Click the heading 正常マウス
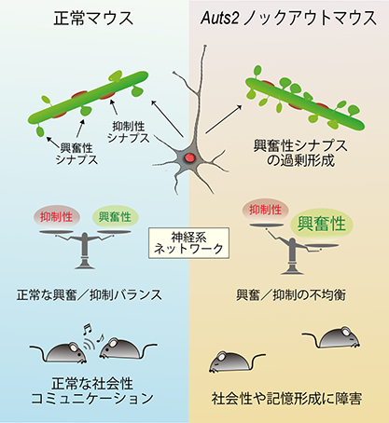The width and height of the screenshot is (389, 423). (93, 19)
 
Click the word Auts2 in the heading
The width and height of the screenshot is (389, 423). (220, 18)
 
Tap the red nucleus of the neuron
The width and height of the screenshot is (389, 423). (189, 158)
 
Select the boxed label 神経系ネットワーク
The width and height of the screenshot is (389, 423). (189, 243)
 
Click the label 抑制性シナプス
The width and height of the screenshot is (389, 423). (128, 132)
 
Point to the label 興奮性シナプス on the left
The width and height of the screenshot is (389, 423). (76, 154)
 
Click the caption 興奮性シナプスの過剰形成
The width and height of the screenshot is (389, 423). (300, 153)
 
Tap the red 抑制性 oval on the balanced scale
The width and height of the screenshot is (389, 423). (56, 217)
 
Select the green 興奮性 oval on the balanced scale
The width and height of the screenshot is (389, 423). (115, 217)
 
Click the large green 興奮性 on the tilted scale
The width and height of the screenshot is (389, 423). (322, 224)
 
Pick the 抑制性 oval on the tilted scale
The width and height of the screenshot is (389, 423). (265, 211)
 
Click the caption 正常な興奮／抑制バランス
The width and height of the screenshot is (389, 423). (90, 295)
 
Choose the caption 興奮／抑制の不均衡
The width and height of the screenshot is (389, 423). (291, 295)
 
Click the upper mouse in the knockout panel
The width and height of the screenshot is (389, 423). (333, 337)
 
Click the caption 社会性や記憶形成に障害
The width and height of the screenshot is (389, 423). (286, 399)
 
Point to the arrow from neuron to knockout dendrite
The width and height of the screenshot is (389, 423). (223, 119)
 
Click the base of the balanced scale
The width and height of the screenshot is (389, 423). (84, 265)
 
